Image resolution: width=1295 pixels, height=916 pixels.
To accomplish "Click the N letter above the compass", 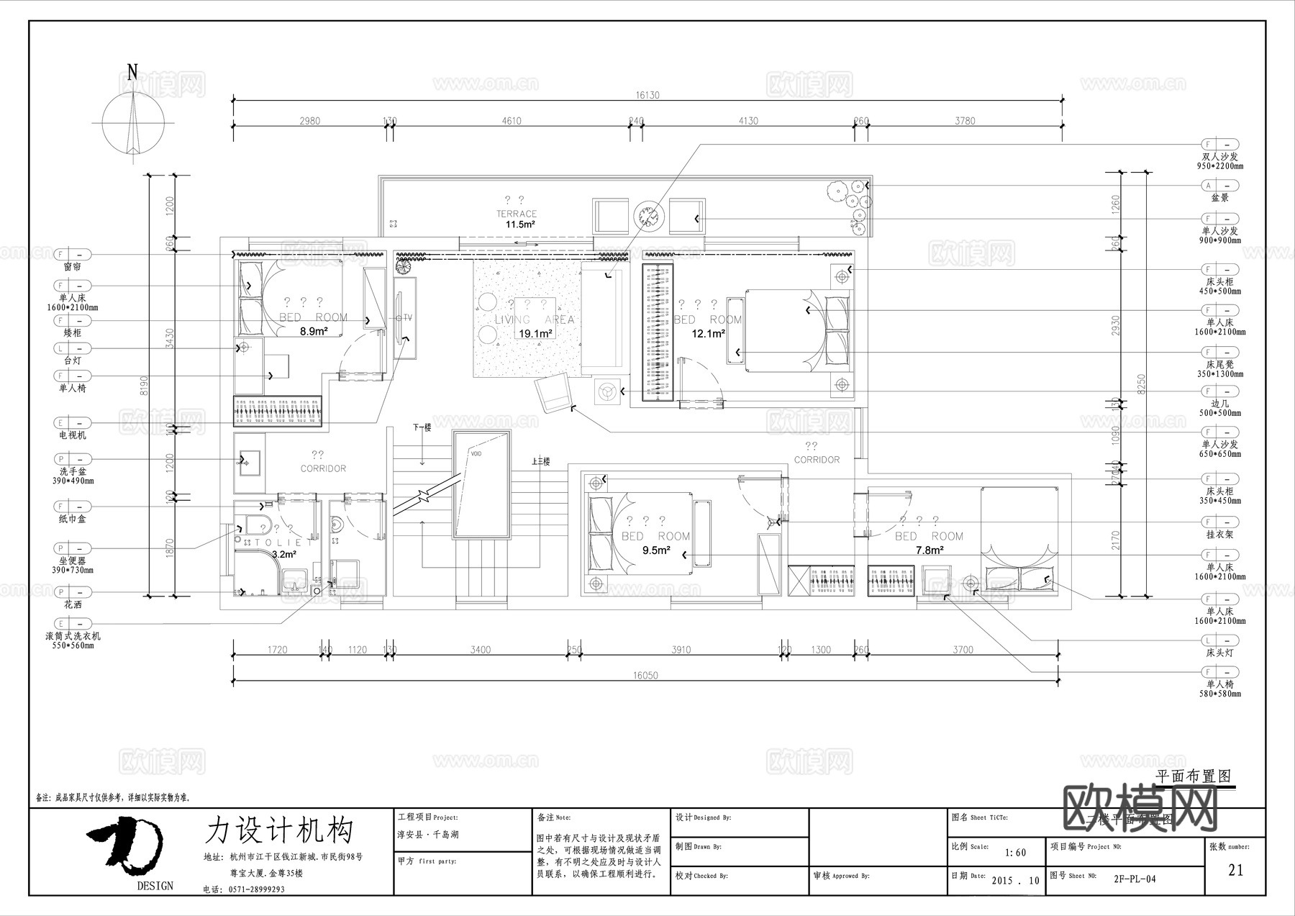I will (x=132, y=72).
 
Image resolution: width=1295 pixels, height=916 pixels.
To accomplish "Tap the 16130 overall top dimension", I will (x=647, y=95).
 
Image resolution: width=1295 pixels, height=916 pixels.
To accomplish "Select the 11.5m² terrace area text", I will (x=519, y=225).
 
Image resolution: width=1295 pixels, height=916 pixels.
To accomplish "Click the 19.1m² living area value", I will (x=535, y=333).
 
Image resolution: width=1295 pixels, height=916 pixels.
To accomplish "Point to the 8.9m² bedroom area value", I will (x=314, y=331).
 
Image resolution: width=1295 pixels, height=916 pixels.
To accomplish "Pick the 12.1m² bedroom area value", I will (x=708, y=333).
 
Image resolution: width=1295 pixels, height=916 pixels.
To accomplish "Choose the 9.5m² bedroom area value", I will (x=656, y=550).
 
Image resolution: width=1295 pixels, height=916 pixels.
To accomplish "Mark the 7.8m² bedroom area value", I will (x=929, y=550).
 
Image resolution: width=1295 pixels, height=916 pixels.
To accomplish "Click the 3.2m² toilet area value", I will (x=284, y=554).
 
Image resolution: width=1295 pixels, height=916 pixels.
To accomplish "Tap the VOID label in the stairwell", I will (x=476, y=454).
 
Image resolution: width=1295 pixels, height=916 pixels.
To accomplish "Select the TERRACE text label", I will (x=517, y=214).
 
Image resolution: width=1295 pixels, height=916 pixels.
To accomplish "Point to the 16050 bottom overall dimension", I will (x=645, y=675).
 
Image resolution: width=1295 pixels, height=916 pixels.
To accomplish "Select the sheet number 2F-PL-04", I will (x=1135, y=879).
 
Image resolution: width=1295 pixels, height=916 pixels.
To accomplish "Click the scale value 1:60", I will (x=1015, y=853).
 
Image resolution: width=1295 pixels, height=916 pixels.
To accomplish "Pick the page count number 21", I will (x=1235, y=870).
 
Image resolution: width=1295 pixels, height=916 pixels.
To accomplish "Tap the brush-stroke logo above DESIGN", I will (x=127, y=843).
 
